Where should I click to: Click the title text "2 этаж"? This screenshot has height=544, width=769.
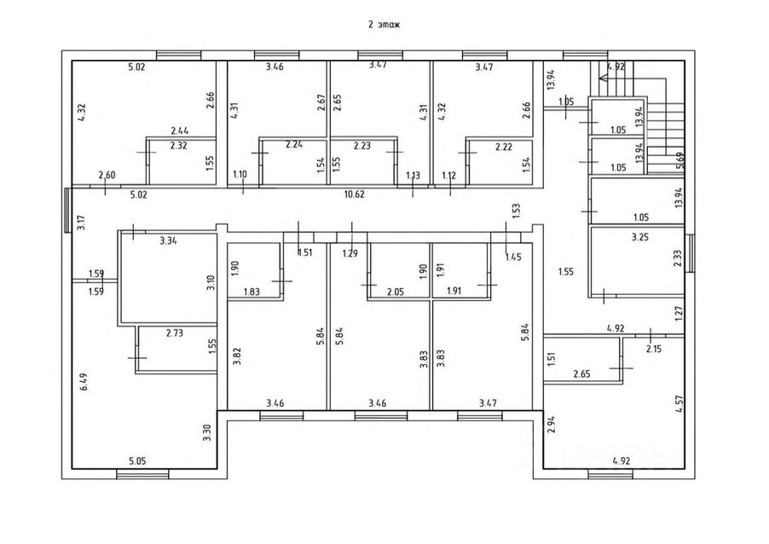point(384,24)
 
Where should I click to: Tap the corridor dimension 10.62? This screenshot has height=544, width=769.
point(354,194)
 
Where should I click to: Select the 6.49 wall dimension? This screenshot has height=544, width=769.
point(84,382)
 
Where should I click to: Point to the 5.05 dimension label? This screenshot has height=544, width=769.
point(137,461)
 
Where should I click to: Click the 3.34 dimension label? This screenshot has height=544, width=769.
point(168,240)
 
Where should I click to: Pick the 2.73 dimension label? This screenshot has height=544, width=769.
point(175,333)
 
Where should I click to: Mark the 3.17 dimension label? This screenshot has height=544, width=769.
point(82,223)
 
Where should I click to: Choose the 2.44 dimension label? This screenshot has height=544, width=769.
point(180,131)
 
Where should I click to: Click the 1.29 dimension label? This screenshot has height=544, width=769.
point(350,253)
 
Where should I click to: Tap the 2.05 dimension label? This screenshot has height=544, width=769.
point(396,292)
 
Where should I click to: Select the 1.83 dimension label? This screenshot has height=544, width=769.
point(252,292)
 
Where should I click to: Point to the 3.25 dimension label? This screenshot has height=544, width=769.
point(640,237)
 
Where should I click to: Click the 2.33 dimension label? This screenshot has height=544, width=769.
point(678,258)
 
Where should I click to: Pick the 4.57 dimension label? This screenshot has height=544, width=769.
point(679,403)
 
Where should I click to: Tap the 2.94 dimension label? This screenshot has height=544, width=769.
point(552,424)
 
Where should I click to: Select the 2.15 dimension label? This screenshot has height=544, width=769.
point(654,350)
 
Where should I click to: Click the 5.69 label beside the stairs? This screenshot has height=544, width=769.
point(679,160)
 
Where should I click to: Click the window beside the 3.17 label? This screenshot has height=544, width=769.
point(67,210)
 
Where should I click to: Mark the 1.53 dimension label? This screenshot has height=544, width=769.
point(516,211)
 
